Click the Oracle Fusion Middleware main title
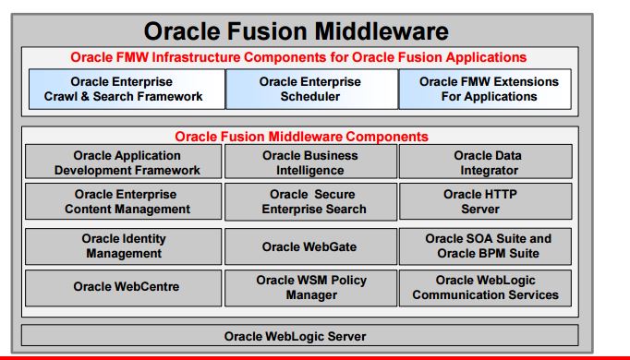tap(297, 31)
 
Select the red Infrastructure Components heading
tap(297, 57)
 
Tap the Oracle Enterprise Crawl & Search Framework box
tap(123, 89)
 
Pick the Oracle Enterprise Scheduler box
tap(310, 89)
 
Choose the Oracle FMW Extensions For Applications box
tap(488, 89)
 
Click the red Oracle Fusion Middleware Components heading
tap(301, 136)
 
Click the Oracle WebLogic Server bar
tap(300, 334)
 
